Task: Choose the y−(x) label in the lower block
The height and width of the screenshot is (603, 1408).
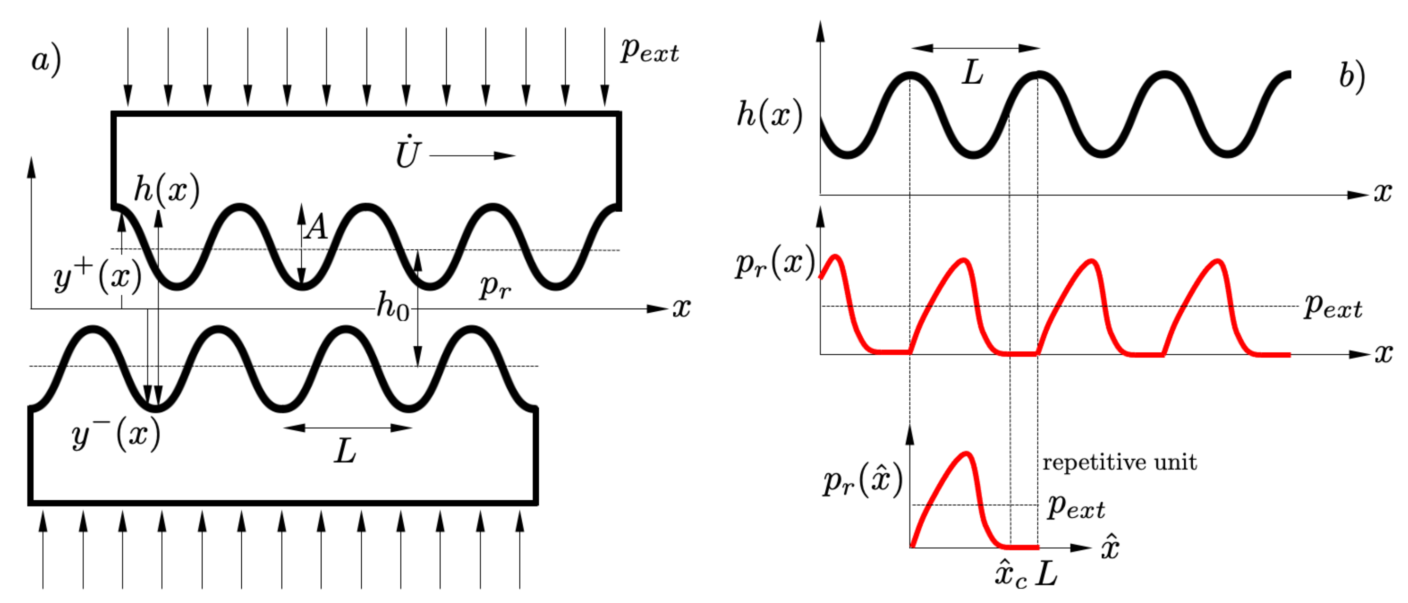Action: [116, 435]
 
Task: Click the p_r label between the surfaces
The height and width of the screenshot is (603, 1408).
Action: [495, 286]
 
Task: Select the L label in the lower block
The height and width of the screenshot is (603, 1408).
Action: [345, 451]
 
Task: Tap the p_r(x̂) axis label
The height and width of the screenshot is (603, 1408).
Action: [862, 481]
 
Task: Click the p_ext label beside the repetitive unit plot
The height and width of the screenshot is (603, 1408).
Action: [1076, 507]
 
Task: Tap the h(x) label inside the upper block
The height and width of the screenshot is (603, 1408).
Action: [167, 190]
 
